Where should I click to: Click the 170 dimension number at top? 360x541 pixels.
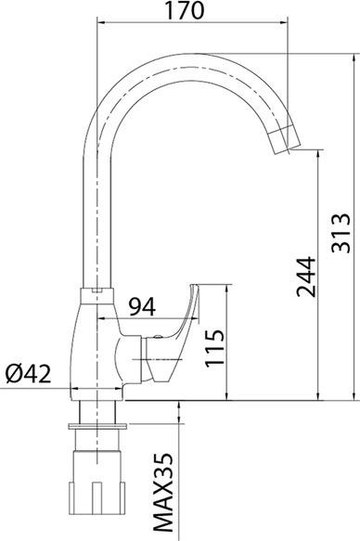[x=185, y=10]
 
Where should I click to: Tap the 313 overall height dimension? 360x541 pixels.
[x=341, y=233]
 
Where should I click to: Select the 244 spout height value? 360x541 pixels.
[x=306, y=277]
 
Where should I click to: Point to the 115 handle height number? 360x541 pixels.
[x=215, y=348]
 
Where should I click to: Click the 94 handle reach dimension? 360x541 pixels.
[x=142, y=307]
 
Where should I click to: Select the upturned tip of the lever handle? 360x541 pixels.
[x=194, y=288]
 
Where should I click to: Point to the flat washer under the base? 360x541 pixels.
[x=97, y=427]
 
